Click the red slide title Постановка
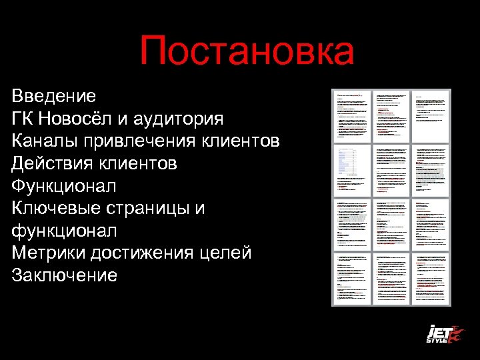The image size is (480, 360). coord(247,52)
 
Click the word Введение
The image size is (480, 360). coord(53,96)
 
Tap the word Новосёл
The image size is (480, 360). coord(85,119)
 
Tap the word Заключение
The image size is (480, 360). coord(65,275)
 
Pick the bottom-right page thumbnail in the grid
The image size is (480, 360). coord(431,279)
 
